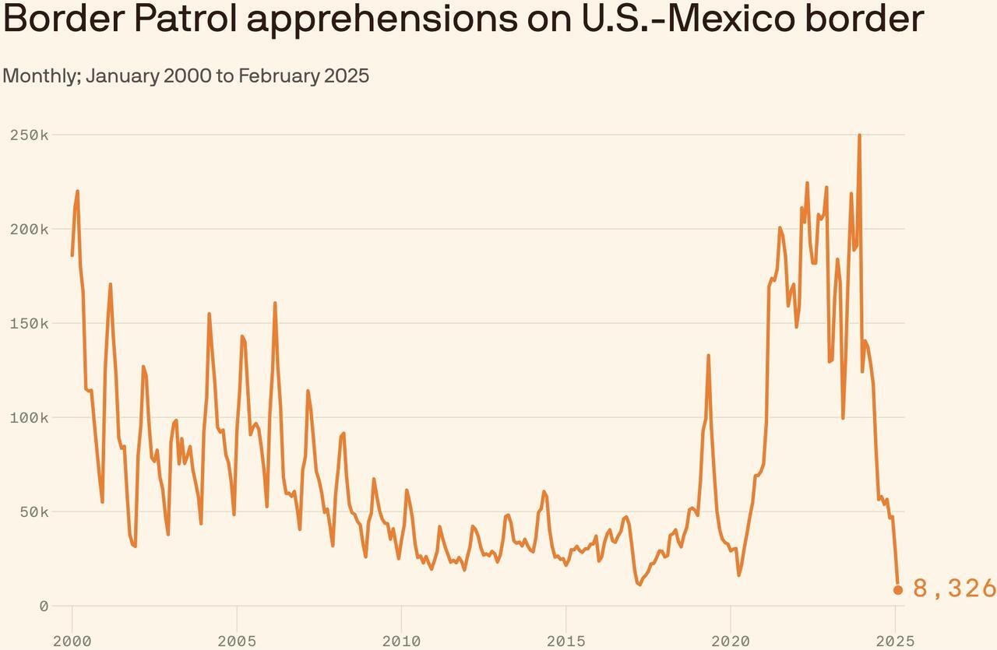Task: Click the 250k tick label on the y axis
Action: coord(30,135)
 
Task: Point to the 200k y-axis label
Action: coord(30,229)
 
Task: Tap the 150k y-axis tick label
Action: coord(30,323)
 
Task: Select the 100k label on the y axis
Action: coord(30,417)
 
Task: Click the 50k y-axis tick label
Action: coord(34,511)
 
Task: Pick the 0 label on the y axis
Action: coord(44,606)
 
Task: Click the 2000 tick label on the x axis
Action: coord(72,641)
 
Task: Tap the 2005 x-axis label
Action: coord(237,641)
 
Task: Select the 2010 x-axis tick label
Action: coord(401,641)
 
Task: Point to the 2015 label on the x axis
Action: coord(565,641)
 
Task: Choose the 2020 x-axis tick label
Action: coord(731,641)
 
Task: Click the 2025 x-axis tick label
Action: coord(895,641)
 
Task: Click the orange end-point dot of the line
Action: coord(897,590)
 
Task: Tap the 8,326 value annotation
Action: coord(954,589)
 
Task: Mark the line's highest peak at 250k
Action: coord(859,135)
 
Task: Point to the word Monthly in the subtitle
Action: coord(41,76)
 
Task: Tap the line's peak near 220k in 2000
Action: coord(77,191)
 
